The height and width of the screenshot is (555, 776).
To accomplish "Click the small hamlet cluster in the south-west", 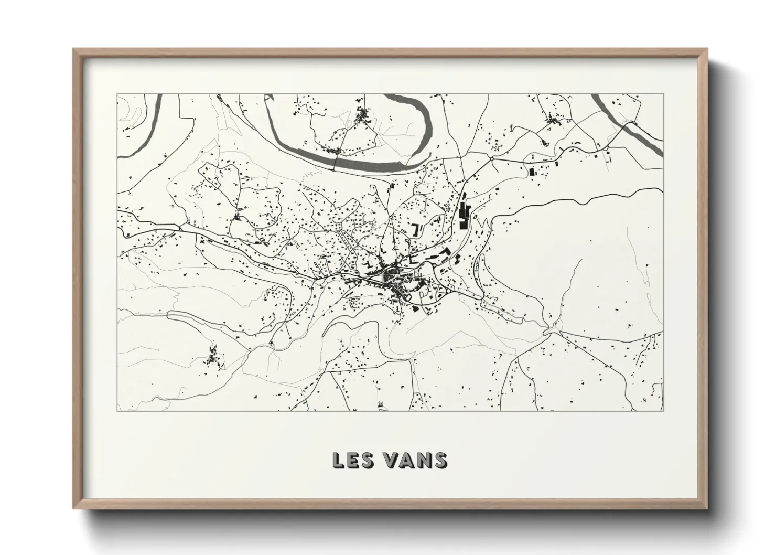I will click(213, 357).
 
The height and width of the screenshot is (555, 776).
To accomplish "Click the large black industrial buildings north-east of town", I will click(464, 214).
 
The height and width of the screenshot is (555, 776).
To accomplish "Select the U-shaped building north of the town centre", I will click(417, 229).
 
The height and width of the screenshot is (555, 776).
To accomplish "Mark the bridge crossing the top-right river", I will click(635, 125).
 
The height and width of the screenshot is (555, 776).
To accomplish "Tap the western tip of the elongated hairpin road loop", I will click(169, 313).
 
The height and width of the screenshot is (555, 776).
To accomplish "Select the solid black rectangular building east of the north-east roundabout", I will click(531, 172).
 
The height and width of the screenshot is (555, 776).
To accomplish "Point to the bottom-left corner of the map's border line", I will click(117, 411).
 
